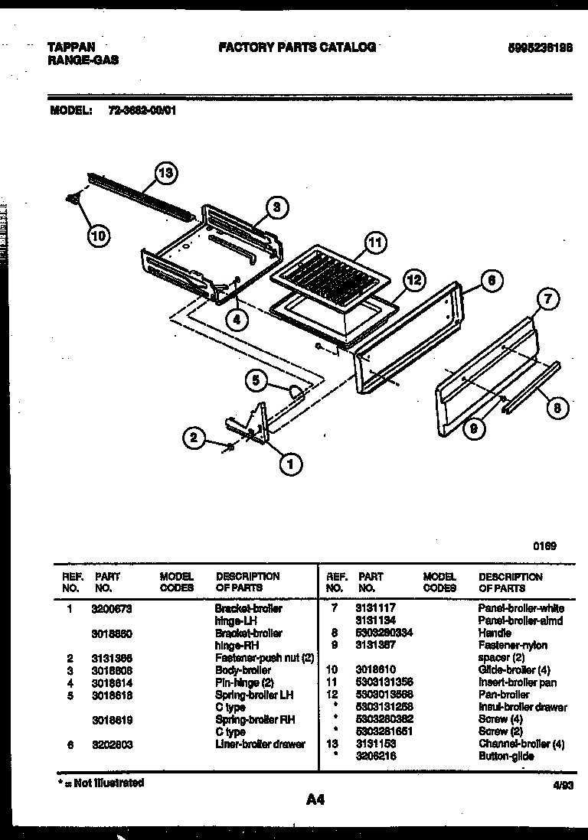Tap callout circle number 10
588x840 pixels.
pos(98,235)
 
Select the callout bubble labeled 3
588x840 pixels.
pos(277,206)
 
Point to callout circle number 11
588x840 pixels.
pos(373,244)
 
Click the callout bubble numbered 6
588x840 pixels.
pos(491,281)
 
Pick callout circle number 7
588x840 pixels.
pos(547,300)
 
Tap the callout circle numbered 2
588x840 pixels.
pos(194,438)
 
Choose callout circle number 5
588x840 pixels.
pos(257,379)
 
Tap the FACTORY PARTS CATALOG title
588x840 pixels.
pos(297,47)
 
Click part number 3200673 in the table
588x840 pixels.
pos(112,608)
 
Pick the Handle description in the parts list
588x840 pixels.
pos(495,633)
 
